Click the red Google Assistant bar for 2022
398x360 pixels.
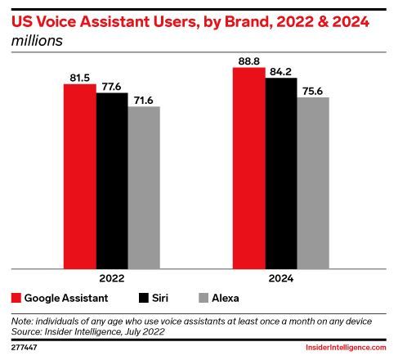(80, 177)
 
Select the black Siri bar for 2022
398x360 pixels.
(112, 181)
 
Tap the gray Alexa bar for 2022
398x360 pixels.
(144, 187)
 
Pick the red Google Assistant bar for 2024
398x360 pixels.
(249, 168)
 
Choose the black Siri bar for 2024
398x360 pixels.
(281, 173)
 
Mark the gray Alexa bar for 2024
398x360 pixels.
(313, 183)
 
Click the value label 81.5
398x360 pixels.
(79, 78)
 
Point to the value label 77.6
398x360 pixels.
(111, 87)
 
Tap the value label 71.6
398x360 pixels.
(144, 101)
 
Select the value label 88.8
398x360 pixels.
(249, 61)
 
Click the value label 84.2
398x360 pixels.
(280, 72)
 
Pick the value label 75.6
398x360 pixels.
(313, 91)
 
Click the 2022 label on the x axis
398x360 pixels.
(112, 278)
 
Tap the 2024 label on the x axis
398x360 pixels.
(281, 278)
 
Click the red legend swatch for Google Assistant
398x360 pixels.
(16, 298)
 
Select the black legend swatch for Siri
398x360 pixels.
(144, 298)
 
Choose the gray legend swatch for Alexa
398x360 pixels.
(203, 298)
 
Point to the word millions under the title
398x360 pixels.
(37, 41)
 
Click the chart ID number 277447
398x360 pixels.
(25, 348)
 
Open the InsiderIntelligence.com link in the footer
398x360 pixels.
(346, 348)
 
